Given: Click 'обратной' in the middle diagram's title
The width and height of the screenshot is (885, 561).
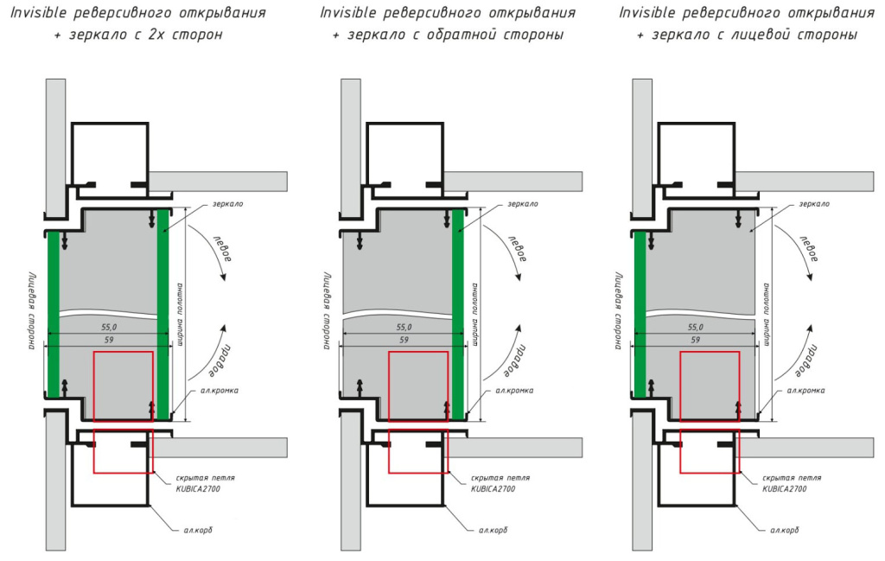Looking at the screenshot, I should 476,35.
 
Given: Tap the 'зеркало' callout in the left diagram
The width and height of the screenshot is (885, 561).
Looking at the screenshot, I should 228,204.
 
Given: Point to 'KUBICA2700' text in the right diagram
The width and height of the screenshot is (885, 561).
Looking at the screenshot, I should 785,488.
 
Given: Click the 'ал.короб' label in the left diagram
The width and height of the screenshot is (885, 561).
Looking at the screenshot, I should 196,530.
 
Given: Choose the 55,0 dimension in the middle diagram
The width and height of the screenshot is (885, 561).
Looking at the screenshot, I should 404,328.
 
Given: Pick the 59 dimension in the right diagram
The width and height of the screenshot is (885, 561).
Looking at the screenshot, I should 696,341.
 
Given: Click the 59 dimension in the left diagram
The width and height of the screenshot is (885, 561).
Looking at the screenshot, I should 108,341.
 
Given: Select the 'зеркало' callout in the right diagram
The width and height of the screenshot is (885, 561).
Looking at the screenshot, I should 814,204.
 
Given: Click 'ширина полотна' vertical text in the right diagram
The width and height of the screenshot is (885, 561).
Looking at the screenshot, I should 767,311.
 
